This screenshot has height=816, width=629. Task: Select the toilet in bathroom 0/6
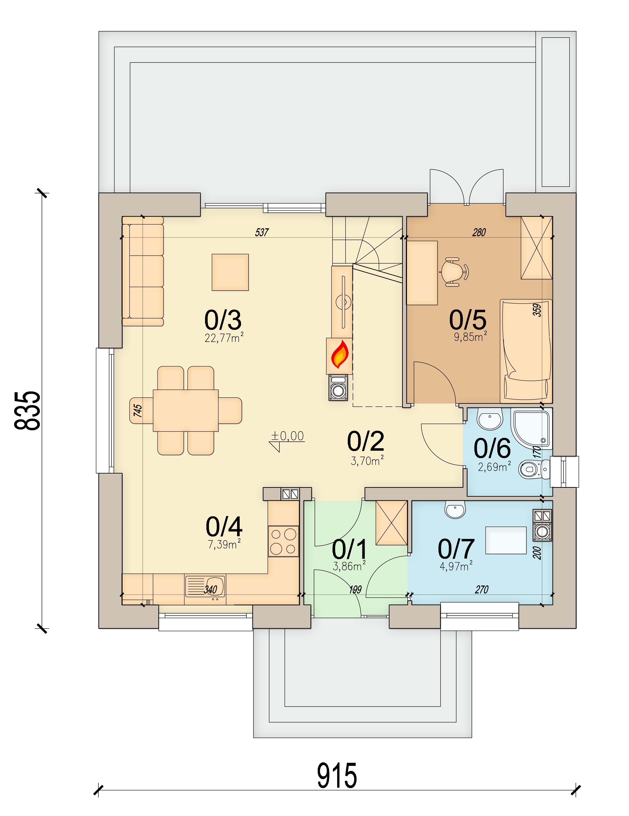[x=534, y=469]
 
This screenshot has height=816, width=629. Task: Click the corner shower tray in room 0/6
[x=531, y=429]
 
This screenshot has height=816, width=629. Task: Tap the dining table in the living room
[x=186, y=410]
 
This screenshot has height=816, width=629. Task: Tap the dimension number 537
[x=262, y=232]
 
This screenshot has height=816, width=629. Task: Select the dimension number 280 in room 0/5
[x=479, y=232]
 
